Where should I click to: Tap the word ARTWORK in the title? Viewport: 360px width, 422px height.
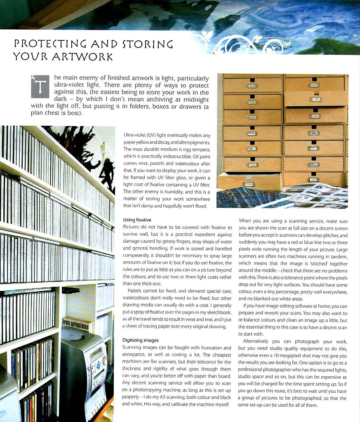(82, 56)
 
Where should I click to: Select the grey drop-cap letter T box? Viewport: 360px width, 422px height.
(40, 87)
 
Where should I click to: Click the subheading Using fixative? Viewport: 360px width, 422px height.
(137, 220)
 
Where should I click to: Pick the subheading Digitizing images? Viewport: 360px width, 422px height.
(141, 340)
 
